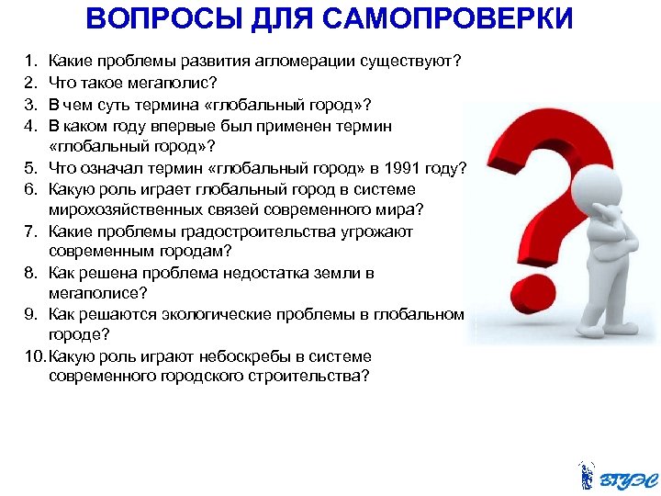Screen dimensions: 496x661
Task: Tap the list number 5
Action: pos(30,167)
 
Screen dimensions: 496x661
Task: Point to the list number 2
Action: pos(30,83)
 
